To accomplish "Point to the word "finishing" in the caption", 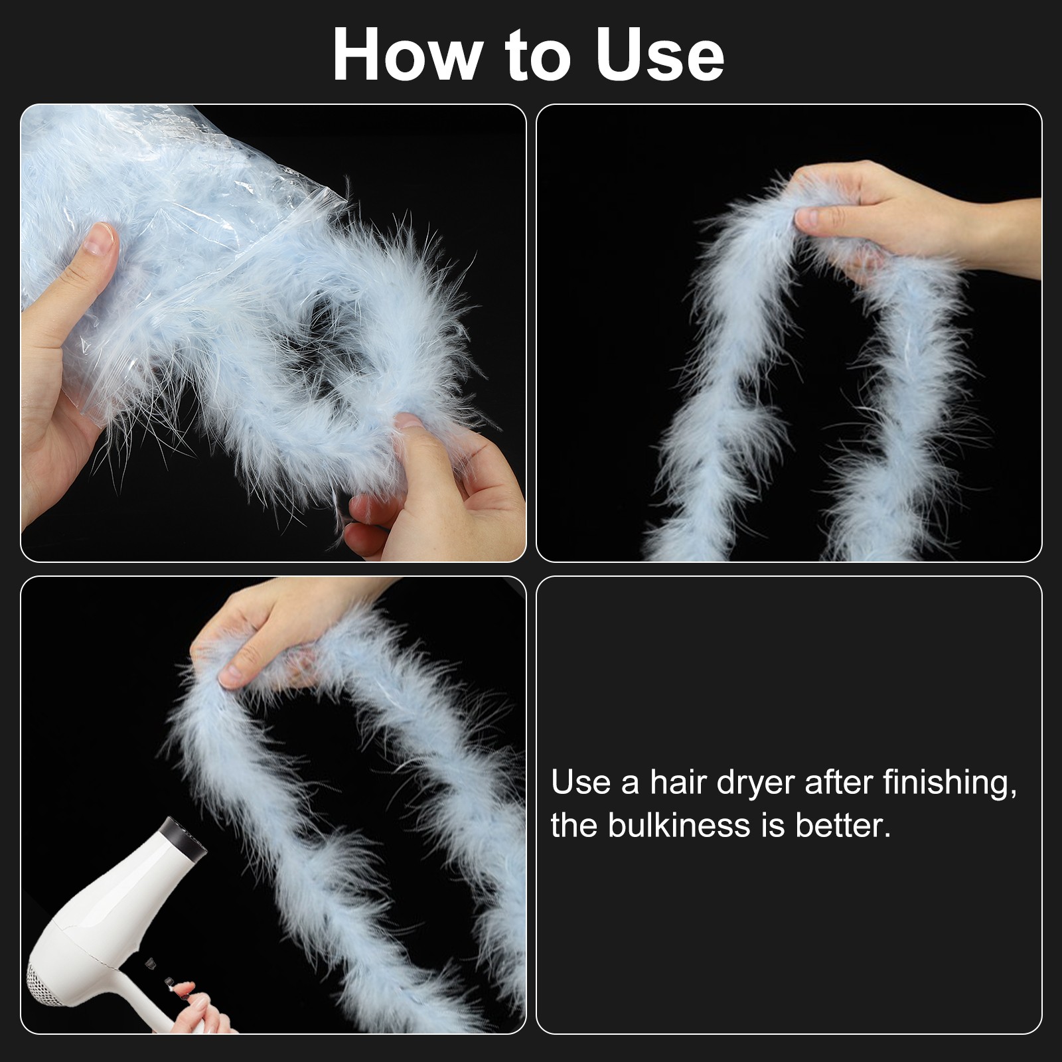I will pos(949,784).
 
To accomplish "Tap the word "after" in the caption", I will pos(837,783).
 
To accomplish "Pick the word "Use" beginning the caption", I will pos(580,784).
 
